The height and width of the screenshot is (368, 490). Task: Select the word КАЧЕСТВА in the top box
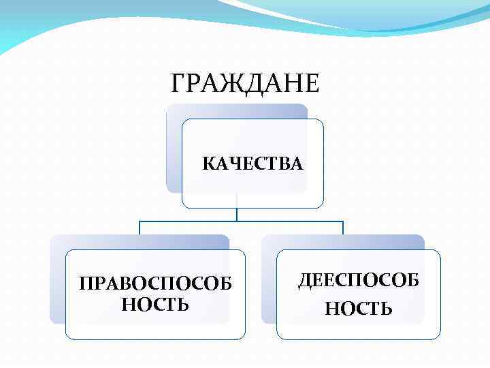tap(252, 164)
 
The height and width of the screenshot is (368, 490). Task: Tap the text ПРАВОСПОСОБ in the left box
tap(154, 283)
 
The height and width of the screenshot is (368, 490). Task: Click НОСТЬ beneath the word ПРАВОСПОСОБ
tap(155, 304)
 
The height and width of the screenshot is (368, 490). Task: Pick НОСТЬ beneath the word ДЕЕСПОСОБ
tap(359, 309)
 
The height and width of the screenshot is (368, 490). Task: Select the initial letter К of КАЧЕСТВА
tap(208, 164)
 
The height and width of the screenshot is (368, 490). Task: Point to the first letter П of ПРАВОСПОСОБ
tap(85, 283)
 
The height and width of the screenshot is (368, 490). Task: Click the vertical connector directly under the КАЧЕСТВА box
tap(237, 214)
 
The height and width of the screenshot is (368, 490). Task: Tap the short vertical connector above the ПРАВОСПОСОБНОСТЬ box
tap(140, 228)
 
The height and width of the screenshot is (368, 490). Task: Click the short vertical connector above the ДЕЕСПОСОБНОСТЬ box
tap(343, 228)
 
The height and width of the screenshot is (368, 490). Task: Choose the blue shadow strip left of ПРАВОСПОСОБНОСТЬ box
tap(58, 286)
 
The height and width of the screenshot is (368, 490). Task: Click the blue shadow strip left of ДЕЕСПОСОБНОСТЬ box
tap(269, 286)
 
